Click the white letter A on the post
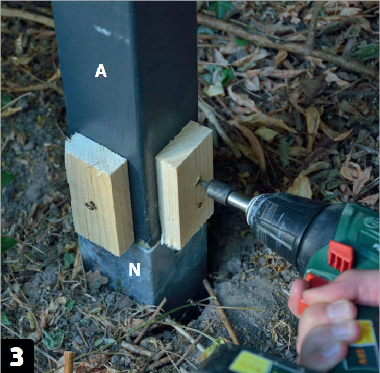pos(101,71)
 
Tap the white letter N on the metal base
pos(134,269)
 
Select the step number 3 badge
pos(17,356)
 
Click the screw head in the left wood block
pos(90,206)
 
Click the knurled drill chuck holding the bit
pos(217,192)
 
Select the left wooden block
pos(100,194)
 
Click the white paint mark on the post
pos(103,31)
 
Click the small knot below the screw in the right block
pos(200,205)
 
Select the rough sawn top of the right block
pos(184,141)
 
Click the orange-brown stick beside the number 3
pos(69,362)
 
